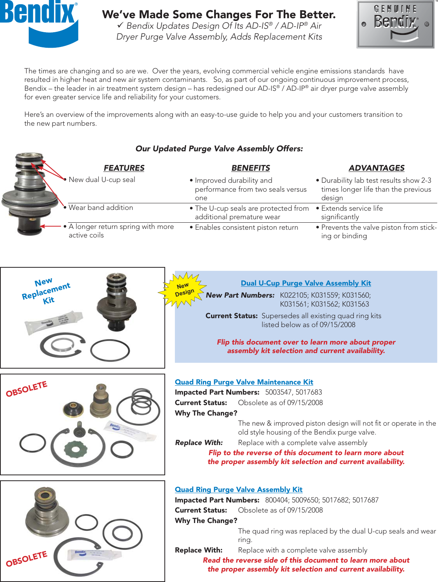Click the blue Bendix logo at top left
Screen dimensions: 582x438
click(39, 21)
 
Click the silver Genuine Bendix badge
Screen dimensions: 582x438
click(395, 24)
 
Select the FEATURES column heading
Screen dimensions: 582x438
click(124, 168)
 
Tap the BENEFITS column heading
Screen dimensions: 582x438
click(251, 168)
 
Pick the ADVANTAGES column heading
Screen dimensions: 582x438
click(376, 168)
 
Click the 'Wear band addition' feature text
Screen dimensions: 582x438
click(101, 208)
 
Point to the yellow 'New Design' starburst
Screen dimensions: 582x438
click(183, 289)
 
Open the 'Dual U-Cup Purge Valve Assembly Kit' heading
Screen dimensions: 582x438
click(306, 283)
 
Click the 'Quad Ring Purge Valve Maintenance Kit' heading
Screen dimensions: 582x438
click(244, 382)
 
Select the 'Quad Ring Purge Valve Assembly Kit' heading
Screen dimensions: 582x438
click(239, 490)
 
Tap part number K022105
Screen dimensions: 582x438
click(293, 295)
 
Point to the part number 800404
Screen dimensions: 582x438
click(276, 500)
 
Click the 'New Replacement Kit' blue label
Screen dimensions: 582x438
click(46, 291)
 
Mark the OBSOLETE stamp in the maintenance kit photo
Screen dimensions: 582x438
click(26, 389)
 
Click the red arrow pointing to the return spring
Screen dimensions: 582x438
click(51, 226)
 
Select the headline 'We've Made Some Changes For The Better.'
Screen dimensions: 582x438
click(219, 15)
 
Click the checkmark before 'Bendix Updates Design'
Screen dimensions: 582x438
click(120, 25)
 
